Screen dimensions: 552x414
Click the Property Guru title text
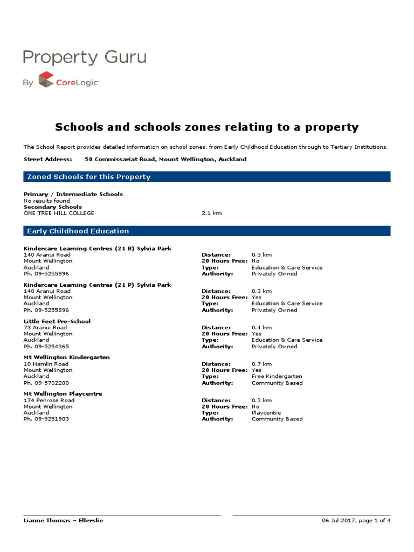pyautogui.click(x=84, y=58)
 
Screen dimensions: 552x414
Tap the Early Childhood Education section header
pyautogui.click(x=78, y=231)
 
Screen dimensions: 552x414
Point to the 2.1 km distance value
pyautogui.click(x=211, y=213)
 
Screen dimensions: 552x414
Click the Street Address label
pyautogui.click(x=47, y=160)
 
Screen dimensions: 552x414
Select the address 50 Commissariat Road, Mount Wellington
pyautogui.click(x=165, y=160)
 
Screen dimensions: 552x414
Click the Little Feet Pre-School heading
pyautogui.click(x=57, y=321)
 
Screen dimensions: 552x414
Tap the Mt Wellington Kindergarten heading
pyautogui.click(x=67, y=357)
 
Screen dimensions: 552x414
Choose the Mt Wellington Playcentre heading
pyautogui.click(x=63, y=394)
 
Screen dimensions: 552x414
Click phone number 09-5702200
pyautogui.click(x=46, y=383)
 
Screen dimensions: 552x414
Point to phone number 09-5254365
pyautogui.click(x=46, y=347)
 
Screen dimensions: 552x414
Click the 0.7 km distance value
pyautogui.click(x=261, y=364)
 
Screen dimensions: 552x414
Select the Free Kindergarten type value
pyautogui.click(x=277, y=377)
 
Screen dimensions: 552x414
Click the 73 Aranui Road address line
pyautogui.click(x=45, y=328)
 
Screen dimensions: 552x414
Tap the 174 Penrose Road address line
pyautogui.click(x=49, y=401)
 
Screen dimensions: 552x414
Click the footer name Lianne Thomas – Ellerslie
pyautogui.click(x=64, y=520)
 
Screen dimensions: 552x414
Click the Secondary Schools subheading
pyautogui.click(x=53, y=207)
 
